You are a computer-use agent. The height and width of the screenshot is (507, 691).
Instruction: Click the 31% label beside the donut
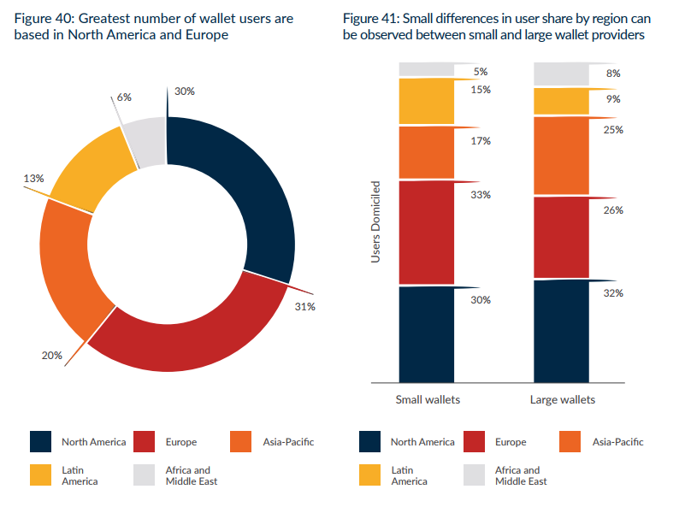(305, 306)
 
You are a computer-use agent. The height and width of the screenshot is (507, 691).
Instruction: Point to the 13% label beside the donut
(33, 179)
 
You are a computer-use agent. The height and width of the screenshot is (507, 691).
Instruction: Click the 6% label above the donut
(124, 97)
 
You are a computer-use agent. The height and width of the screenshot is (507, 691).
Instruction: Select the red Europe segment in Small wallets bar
(427, 232)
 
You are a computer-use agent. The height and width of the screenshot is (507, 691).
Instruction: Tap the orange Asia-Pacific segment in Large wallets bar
(561, 156)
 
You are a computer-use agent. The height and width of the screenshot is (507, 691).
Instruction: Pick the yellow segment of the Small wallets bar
(427, 102)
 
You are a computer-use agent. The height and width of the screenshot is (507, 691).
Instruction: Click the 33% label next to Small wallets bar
(480, 195)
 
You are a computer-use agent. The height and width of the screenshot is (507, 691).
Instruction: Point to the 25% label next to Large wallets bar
(613, 130)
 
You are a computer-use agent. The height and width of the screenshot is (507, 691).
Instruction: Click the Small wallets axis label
(427, 399)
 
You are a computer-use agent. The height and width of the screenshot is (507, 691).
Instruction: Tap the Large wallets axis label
(562, 399)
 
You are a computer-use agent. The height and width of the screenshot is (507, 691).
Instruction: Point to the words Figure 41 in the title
(370, 18)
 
